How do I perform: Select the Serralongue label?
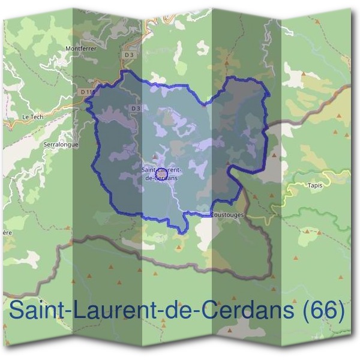(61, 145)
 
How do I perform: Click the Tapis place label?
(315, 185)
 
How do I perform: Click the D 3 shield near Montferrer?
(127, 55)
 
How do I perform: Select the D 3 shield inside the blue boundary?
(135, 108)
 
